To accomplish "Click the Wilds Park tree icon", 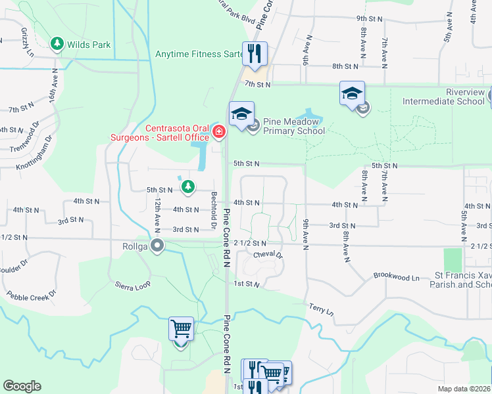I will click(57, 44).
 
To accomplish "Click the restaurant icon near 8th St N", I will click(255, 53).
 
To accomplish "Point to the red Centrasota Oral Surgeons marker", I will click(218, 133).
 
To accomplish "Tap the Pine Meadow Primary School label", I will click(294, 126).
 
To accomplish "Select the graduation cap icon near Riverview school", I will click(352, 93).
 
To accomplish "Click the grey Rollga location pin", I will click(157, 246).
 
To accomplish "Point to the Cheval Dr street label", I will click(267, 254).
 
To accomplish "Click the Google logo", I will click(22, 386).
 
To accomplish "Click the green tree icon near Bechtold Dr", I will click(189, 187).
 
